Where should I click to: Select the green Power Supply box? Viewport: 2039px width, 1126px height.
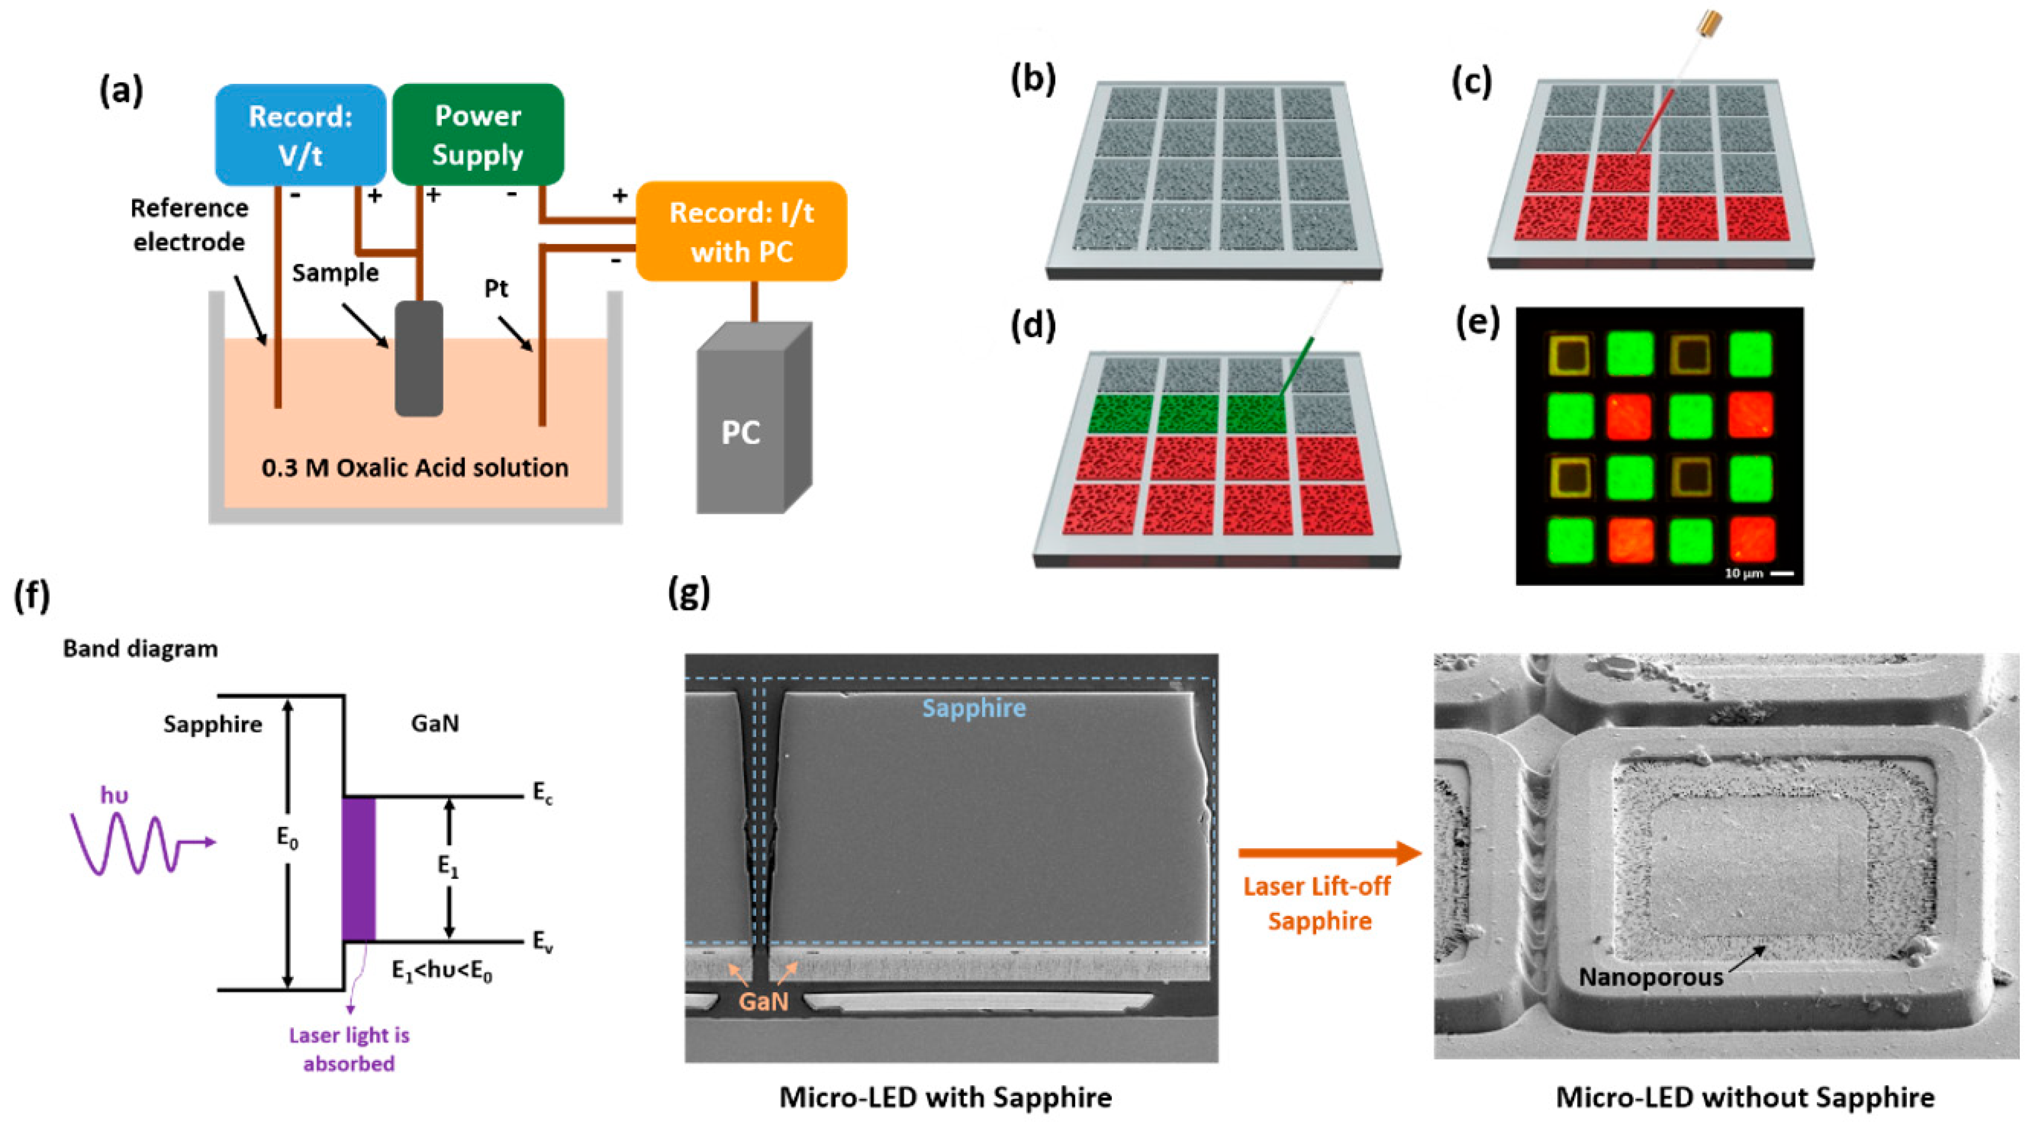(477, 134)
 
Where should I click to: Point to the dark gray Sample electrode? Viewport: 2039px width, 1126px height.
(419, 358)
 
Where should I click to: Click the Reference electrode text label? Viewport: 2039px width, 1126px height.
(189, 225)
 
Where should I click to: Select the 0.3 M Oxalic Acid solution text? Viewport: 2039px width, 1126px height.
(415, 467)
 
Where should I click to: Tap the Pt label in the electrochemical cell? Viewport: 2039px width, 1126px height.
(496, 289)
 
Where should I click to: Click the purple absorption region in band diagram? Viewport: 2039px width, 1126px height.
(358, 869)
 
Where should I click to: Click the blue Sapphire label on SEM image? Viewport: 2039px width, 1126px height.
(974, 707)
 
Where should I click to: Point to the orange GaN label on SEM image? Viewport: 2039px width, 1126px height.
(763, 1001)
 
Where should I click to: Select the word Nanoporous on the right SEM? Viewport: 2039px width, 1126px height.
(1650, 977)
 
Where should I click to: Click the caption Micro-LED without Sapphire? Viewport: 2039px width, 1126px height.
(1745, 1097)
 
